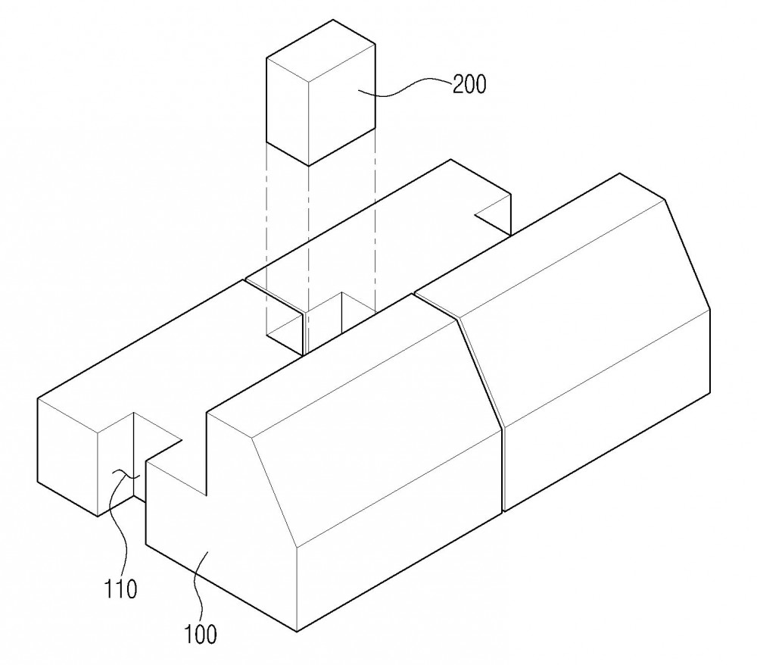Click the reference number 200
point(469,85)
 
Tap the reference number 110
point(120,589)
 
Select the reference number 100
point(201,634)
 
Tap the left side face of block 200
point(287,112)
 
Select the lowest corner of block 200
point(309,166)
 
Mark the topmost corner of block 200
point(333,20)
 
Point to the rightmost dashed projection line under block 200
point(375,220)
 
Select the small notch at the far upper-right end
point(494,217)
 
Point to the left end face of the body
point(67,457)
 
